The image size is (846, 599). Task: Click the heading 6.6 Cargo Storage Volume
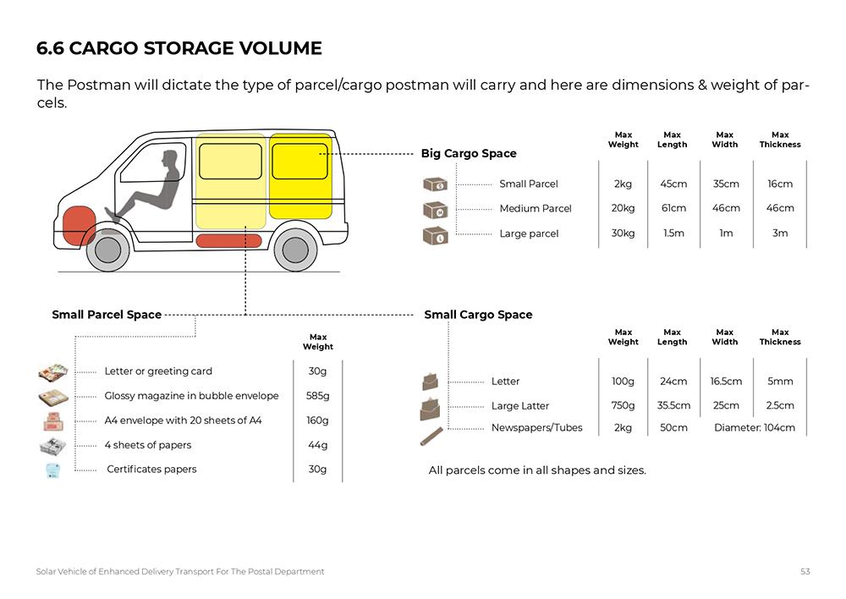(x=179, y=48)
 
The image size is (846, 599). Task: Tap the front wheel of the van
(x=108, y=249)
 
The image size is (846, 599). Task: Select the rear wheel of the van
(x=294, y=249)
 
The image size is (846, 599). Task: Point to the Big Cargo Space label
(x=469, y=154)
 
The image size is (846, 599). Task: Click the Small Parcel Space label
(x=107, y=315)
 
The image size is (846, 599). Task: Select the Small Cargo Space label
(x=478, y=315)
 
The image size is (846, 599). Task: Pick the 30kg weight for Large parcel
(x=623, y=234)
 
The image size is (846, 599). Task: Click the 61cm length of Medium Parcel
(x=673, y=208)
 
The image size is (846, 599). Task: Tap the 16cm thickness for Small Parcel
(x=780, y=184)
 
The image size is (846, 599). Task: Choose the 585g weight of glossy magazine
(x=317, y=396)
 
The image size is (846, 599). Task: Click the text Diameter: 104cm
(x=755, y=428)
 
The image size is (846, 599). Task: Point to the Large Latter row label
(x=520, y=406)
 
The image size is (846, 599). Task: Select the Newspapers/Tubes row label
(x=536, y=428)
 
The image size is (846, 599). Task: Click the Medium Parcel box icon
(x=435, y=209)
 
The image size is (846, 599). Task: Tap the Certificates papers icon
(x=52, y=470)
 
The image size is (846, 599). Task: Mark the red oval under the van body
(x=228, y=241)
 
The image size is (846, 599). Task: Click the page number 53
(x=805, y=572)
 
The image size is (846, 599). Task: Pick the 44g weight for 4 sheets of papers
(x=317, y=445)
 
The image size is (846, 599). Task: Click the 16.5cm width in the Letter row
(x=726, y=382)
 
